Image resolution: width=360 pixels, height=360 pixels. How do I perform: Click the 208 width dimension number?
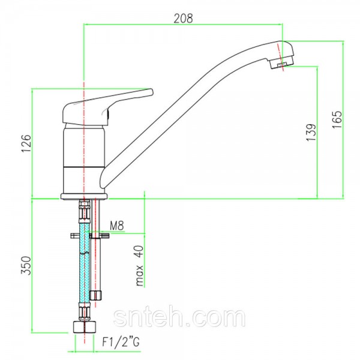[x=183, y=19]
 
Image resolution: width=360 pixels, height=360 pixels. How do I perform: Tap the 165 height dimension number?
[x=337, y=119]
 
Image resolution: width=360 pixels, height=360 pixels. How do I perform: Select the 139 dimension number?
[x=311, y=133]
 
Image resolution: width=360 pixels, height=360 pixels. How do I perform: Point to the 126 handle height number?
[x=26, y=143]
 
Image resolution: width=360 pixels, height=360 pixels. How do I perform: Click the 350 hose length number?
[x=26, y=265]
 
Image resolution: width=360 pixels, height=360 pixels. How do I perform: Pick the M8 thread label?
[x=117, y=226]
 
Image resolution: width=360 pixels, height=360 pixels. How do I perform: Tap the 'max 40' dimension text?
[x=139, y=266]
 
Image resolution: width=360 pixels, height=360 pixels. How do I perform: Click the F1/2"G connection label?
[x=121, y=343]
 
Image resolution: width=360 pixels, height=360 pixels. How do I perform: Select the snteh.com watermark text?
[x=179, y=318]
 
